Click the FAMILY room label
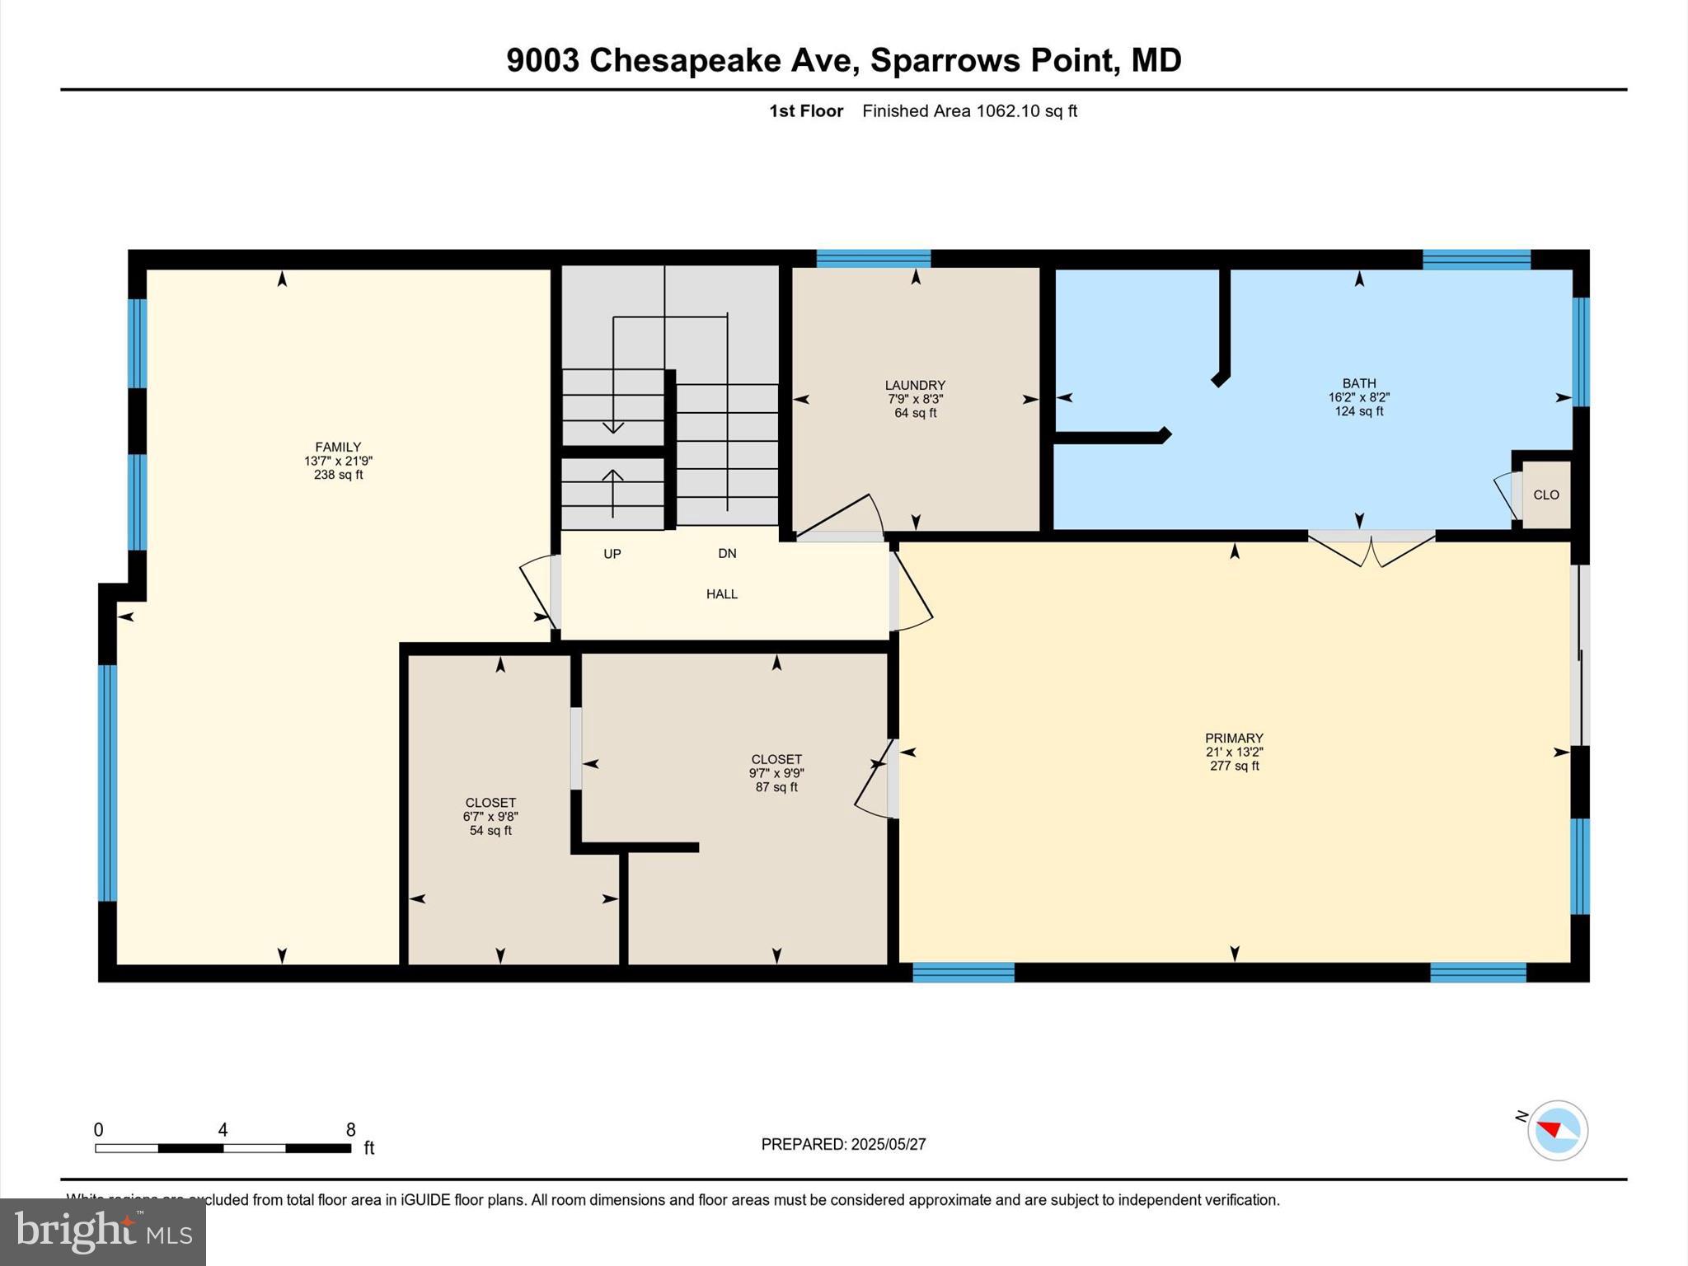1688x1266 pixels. [x=338, y=448]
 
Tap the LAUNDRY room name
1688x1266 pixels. [x=915, y=385]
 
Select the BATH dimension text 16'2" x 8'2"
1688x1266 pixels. [x=1358, y=397]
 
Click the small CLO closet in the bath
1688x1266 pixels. [x=1545, y=495]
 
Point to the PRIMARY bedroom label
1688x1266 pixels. [x=1234, y=738]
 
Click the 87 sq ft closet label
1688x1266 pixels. [x=776, y=787]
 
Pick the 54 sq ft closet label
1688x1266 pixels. [x=490, y=831]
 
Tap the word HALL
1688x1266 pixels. [x=722, y=594]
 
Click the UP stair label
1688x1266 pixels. [x=612, y=554]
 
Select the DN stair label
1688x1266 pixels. [x=727, y=554]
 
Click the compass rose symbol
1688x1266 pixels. [x=1557, y=1130]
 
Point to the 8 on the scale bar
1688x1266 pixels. [x=350, y=1130]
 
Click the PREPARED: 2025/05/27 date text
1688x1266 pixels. [x=843, y=1144]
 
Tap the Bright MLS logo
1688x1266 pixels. [x=103, y=1231]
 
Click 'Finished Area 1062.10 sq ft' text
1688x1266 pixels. [x=969, y=111]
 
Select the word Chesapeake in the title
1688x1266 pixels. [x=684, y=60]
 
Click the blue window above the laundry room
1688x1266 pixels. [x=874, y=259]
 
